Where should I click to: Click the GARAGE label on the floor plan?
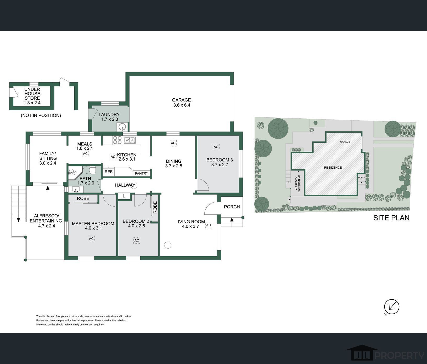click(181, 100)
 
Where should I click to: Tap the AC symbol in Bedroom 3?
click(216, 147)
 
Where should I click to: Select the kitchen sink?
click(130, 140)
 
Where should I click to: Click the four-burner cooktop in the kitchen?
click(117, 140)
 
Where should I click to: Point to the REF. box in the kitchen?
click(109, 172)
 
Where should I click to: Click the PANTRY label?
click(142, 173)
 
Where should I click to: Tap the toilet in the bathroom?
click(93, 171)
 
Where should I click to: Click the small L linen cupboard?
click(124, 196)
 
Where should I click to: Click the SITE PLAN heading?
click(391, 218)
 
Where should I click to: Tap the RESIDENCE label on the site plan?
click(333, 168)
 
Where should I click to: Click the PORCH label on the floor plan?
click(232, 207)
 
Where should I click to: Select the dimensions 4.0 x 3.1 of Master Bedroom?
click(93, 228)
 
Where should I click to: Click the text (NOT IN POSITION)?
click(41, 115)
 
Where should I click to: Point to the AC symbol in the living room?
click(209, 225)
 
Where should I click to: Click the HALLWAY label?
click(125, 185)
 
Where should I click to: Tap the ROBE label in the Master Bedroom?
click(83, 198)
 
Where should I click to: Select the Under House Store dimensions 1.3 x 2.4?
click(32, 103)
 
